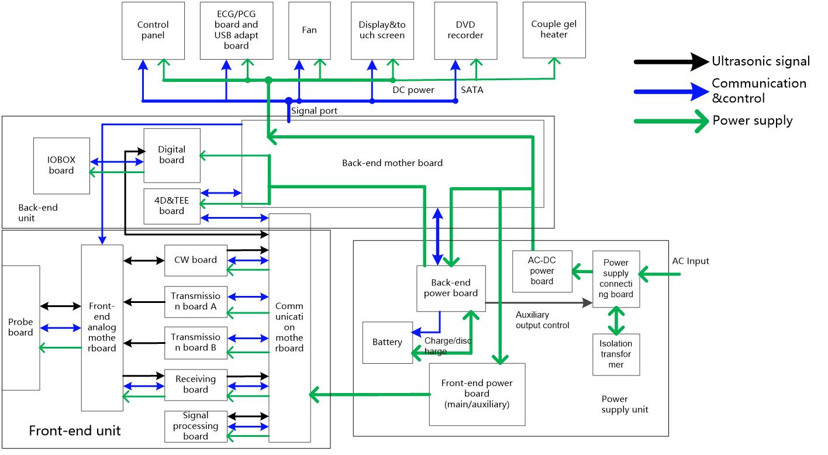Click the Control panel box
click(153, 30)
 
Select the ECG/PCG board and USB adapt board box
click(236, 30)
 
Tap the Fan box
click(309, 30)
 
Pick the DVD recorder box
click(465, 30)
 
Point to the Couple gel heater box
click(554, 30)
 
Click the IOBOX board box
click(61, 166)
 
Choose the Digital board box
click(172, 155)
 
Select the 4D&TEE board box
click(172, 206)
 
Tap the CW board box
click(195, 260)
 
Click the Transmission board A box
click(195, 302)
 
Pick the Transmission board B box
click(195, 343)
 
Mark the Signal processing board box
click(195, 426)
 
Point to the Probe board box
click(20, 328)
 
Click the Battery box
click(387, 342)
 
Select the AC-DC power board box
click(542, 271)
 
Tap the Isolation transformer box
click(616, 354)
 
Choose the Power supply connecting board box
click(616, 279)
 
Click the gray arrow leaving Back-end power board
click(538, 302)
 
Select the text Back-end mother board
click(392, 163)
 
